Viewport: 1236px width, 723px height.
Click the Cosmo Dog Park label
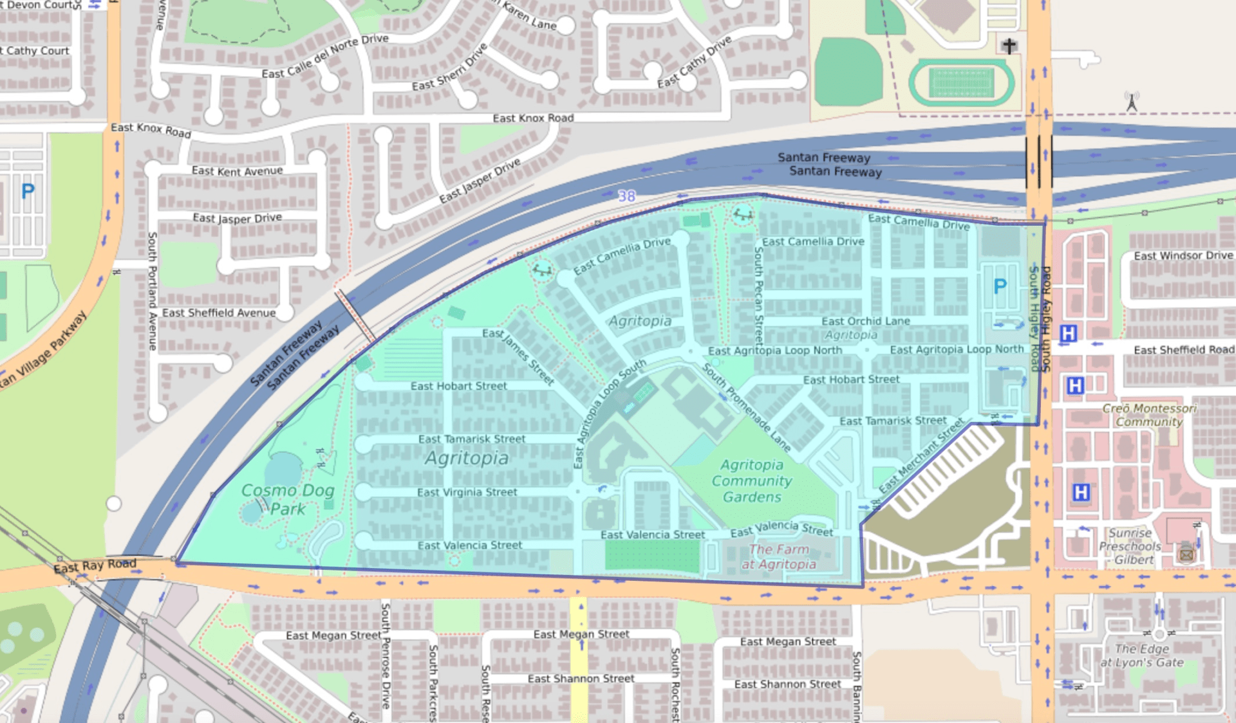[288, 499]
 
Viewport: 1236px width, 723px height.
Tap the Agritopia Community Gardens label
[752, 480]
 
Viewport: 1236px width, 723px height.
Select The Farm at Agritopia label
[779, 557]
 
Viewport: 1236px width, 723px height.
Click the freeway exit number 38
[626, 196]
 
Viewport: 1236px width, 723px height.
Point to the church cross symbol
[1009, 46]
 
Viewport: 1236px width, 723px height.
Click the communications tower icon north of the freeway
[1131, 102]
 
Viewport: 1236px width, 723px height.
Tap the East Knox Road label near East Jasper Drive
[533, 118]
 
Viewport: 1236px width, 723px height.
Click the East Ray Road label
[95, 565]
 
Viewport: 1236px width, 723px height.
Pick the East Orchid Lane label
[865, 321]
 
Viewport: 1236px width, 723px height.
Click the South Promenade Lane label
[746, 407]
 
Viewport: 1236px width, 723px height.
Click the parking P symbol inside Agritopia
[999, 286]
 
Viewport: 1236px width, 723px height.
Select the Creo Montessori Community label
[1149, 415]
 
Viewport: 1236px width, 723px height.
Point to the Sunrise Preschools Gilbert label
[1130, 546]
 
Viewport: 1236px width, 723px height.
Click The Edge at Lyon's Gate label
[1142, 655]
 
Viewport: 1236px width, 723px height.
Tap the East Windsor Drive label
[1183, 255]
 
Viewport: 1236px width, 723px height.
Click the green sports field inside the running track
[961, 83]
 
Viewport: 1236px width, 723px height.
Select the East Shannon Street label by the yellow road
[581, 679]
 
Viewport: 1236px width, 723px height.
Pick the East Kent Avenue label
[237, 171]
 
